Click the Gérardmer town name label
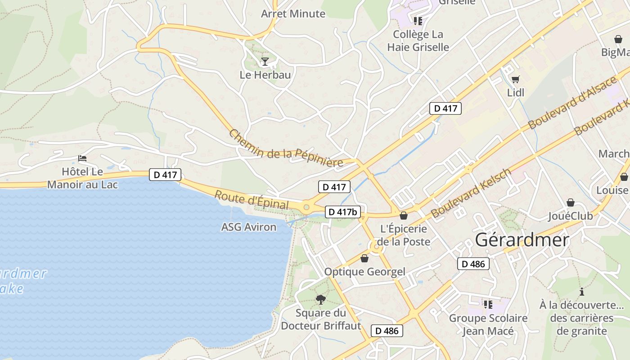[x=522, y=240]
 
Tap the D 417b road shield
[x=343, y=211]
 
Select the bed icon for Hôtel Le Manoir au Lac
[x=82, y=158]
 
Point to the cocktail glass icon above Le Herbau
[x=265, y=61]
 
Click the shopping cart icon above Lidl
[x=515, y=80]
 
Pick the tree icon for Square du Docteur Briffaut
[x=320, y=299]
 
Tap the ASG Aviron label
[x=248, y=227]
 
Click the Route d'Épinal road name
[x=251, y=200]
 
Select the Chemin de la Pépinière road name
[x=286, y=148]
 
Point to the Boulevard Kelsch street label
[x=471, y=193]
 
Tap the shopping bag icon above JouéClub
[x=570, y=202]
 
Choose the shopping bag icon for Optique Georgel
[x=364, y=258]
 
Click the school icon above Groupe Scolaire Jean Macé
[x=488, y=305]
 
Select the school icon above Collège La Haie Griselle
[x=418, y=21]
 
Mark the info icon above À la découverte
[x=582, y=292]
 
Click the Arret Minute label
[x=293, y=13]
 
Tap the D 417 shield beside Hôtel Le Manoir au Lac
[x=165, y=175]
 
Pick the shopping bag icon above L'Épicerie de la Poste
[x=403, y=216]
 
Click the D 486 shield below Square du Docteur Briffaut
[x=387, y=331]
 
